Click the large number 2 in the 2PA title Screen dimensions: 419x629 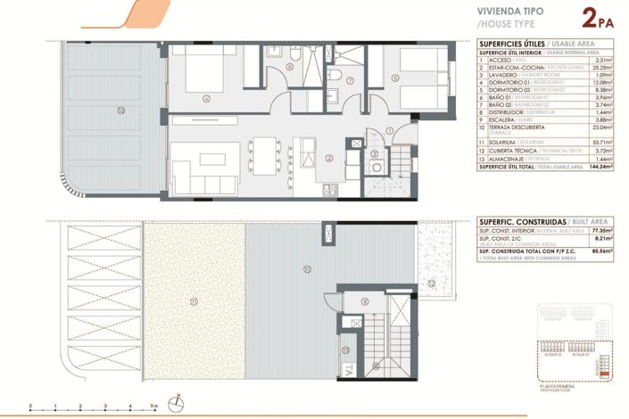(590, 18)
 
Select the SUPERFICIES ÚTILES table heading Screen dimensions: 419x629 (512, 43)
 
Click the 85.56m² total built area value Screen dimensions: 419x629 (605, 252)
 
